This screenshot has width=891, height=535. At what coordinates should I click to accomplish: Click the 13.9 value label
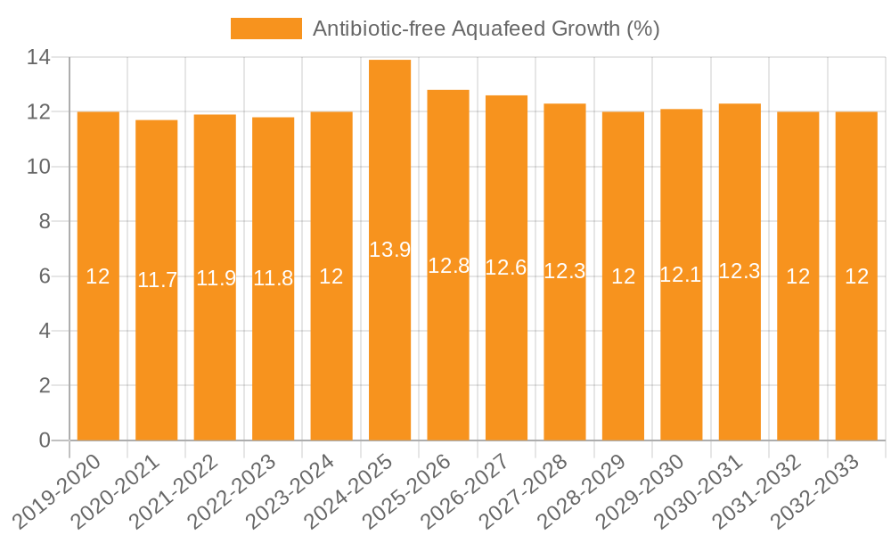(x=389, y=250)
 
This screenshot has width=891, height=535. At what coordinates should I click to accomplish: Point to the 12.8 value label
(x=448, y=265)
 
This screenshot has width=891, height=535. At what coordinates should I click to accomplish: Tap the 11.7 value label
(x=157, y=280)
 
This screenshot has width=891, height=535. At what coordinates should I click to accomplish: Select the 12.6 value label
(x=506, y=267)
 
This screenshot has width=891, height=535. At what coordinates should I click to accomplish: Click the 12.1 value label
(x=682, y=275)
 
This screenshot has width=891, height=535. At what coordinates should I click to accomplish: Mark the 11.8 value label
(x=274, y=278)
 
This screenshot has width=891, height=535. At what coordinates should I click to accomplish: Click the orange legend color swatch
(x=266, y=29)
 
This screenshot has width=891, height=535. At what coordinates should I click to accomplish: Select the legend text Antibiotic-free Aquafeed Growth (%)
(x=486, y=29)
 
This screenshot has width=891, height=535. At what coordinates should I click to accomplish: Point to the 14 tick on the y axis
(x=38, y=58)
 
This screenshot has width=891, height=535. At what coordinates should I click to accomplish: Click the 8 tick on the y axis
(x=44, y=222)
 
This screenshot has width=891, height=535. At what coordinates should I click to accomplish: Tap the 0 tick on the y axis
(x=44, y=440)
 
